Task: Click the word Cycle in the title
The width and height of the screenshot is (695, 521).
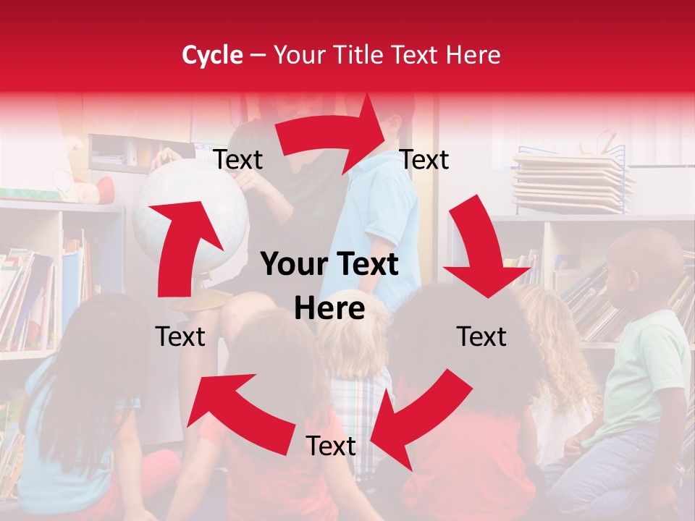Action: click(212, 55)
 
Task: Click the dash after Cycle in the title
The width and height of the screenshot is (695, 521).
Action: click(257, 55)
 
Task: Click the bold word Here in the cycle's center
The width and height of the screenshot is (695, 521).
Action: click(329, 309)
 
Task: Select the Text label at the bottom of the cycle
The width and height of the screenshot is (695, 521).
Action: click(330, 446)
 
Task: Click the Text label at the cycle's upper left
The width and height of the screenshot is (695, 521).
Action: click(237, 160)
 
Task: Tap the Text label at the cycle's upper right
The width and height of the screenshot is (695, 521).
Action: click(424, 160)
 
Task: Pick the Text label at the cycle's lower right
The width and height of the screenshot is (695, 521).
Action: click(481, 336)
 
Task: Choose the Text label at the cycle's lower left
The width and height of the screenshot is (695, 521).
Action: click(180, 336)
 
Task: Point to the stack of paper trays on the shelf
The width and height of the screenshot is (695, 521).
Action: click(572, 181)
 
